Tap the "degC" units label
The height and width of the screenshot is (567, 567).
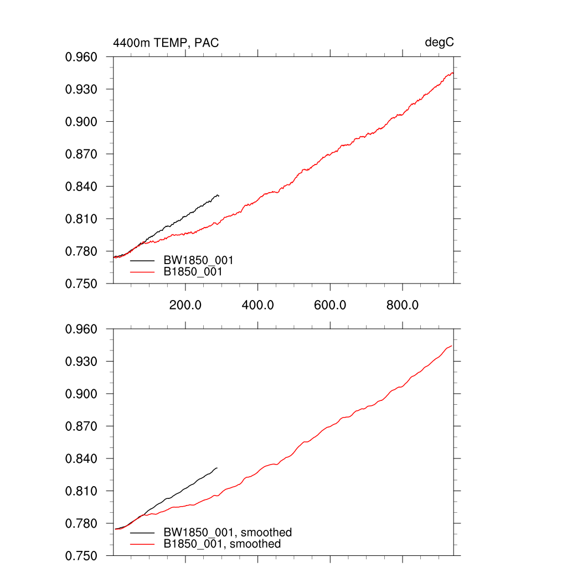439,43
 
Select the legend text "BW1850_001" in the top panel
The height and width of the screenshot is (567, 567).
198,260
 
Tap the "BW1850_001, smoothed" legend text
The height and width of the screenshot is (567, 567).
227,533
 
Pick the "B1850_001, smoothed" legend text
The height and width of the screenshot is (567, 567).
222,544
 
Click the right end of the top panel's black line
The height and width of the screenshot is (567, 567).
219,195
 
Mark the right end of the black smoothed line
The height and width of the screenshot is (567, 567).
217,468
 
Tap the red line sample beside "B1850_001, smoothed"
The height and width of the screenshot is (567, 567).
142,544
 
